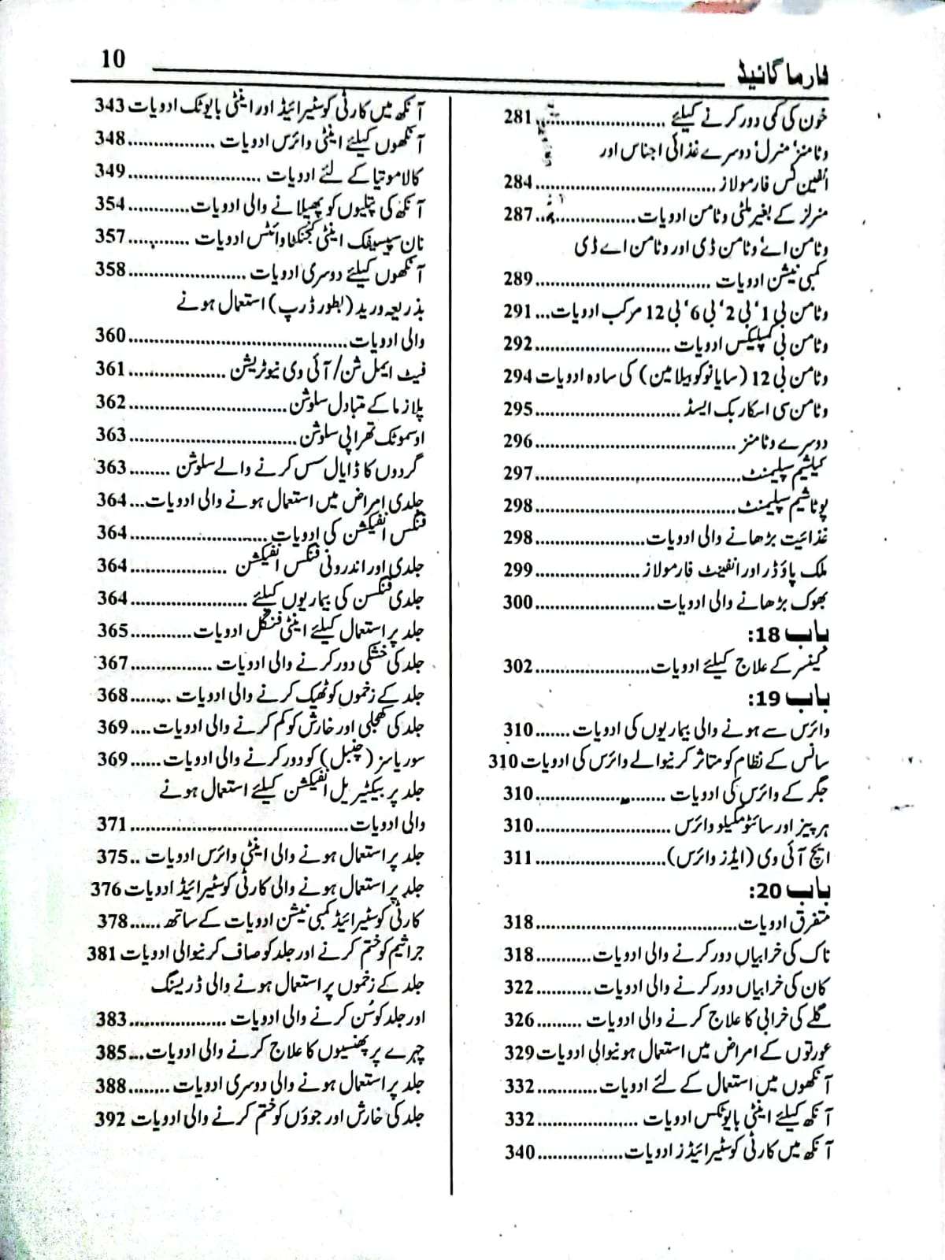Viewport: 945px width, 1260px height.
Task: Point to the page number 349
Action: coord(110,172)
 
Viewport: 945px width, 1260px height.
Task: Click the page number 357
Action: coord(110,236)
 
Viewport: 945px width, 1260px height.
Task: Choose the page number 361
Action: coord(111,369)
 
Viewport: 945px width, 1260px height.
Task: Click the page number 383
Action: coord(111,1019)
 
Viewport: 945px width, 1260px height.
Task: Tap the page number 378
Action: coord(111,921)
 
